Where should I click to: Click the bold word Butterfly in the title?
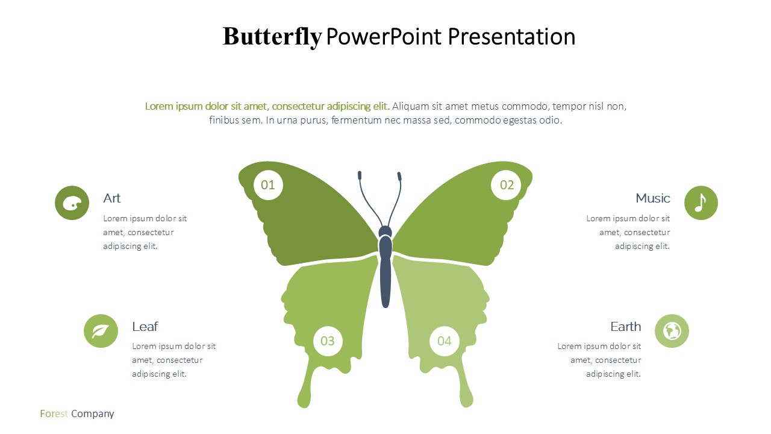click(272, 37)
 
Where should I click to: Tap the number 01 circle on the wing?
click(268, 185)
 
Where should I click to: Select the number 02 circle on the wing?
click(506, 185)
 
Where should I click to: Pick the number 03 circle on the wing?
click(328, 341)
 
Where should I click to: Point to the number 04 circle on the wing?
click(445, 341)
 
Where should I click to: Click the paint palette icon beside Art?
click(72, 203)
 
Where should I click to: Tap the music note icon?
click(701, 203)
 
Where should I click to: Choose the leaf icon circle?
click(101, 331)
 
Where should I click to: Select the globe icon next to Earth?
click(672, 331)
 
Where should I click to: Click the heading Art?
click(112, 198)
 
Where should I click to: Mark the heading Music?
click(653, 198)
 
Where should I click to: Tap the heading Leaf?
click(145, 327)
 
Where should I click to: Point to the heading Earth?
click(626, 327)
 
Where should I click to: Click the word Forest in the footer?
click(54, 414)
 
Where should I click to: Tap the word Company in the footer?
click(93, 414)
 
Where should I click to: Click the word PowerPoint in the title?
click(384, 37)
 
